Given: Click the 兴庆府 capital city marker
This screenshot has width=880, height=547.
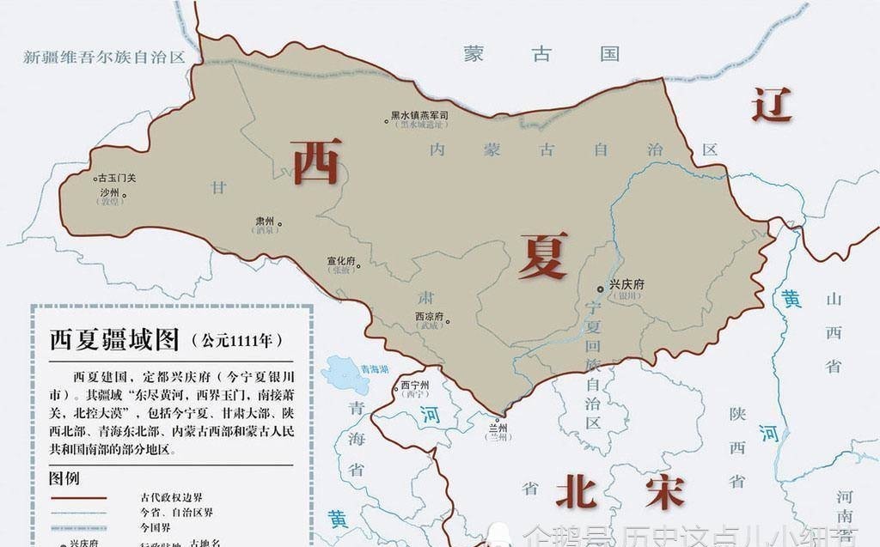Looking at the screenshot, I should pyautogui.click(x=600, y=289).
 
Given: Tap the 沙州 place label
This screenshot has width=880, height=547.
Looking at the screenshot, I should pyautogui.click(x=108, y=193).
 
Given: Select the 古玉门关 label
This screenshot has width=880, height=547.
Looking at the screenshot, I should pyautogui.click(x=116, y=178).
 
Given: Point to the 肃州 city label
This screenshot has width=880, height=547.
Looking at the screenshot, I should pyautogui.click(x=264, y=221).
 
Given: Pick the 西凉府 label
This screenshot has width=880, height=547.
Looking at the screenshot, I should pyautogui.click(x=428, y=316).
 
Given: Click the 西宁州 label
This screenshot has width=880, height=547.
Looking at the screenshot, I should pyautogui.click(x=414, y=385).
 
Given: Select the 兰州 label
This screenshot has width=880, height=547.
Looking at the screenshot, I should pyautogui.click(x=498, y=428).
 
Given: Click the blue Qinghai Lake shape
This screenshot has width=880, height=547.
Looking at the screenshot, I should pyautogui.click(x=345, y=374).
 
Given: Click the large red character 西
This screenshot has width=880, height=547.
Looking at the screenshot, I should pyautogui.click(x=316, y=161).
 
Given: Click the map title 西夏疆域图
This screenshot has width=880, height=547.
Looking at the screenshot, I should pyautogui.click(x=114, y=340).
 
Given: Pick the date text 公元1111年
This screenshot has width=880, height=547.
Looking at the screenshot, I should pyautogui.click(x=236, y=341).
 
